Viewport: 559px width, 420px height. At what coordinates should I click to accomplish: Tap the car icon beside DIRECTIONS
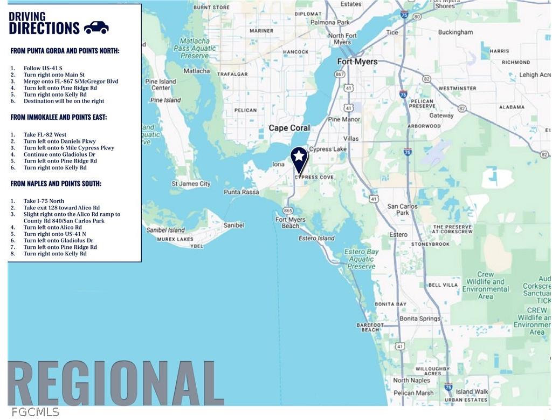tap(96, 28)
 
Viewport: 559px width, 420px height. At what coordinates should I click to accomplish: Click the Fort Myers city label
tap(357, 62)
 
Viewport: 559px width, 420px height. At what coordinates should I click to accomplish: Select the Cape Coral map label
tap(289, 128)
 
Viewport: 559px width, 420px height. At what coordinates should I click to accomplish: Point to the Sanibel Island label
tap(165, 230)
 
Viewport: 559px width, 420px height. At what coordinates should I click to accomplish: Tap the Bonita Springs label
tap(419, 319)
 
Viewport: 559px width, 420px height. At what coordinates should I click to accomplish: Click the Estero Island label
tap(316, 238)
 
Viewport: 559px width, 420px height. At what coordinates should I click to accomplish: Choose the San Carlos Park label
tap(403, 209)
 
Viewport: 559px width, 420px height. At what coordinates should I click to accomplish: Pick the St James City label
tap(191, 184)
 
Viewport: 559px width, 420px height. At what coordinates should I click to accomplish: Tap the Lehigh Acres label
tap(535, 75)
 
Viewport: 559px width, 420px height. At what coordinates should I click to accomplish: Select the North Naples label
tap(411, 380)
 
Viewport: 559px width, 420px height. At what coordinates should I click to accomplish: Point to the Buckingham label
tap(456, 32)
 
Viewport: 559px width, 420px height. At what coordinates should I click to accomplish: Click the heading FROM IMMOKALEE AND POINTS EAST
tap(59, 117)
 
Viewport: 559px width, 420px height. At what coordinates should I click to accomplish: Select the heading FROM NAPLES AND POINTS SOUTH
tap(56, 184)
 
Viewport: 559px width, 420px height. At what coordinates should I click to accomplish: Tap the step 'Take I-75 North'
tap(44, 201)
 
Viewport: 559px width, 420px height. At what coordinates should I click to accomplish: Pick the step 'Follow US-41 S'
tap(43, 68)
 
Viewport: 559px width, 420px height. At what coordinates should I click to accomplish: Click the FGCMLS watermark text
tap(35, 412)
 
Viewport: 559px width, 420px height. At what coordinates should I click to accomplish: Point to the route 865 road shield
tap(288, 211)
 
